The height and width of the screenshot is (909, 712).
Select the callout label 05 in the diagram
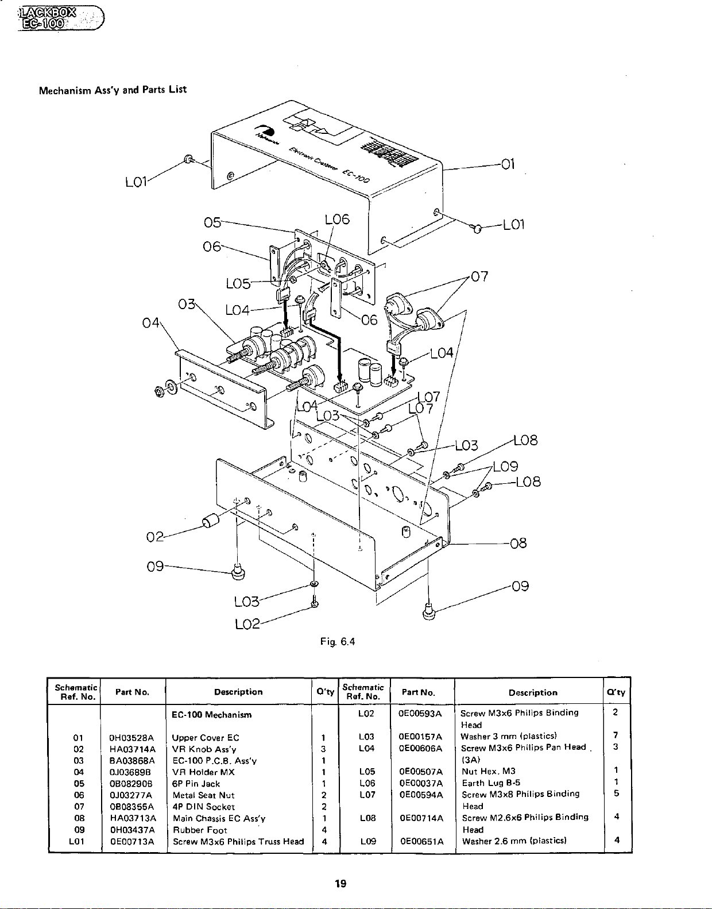tap(212, 222)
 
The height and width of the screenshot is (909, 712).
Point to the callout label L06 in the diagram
tap(337, 219)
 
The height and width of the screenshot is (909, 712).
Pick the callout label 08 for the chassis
tap(518, 543)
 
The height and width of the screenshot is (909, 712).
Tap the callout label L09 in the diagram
tap(505, 467)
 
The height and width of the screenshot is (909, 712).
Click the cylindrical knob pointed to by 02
tap(211, 521)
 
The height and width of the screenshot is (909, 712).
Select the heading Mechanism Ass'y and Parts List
tap(113, 90)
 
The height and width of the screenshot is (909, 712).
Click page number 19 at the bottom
tap(340, 884)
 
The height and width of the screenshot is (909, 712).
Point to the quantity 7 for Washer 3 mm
tap(615, 736)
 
